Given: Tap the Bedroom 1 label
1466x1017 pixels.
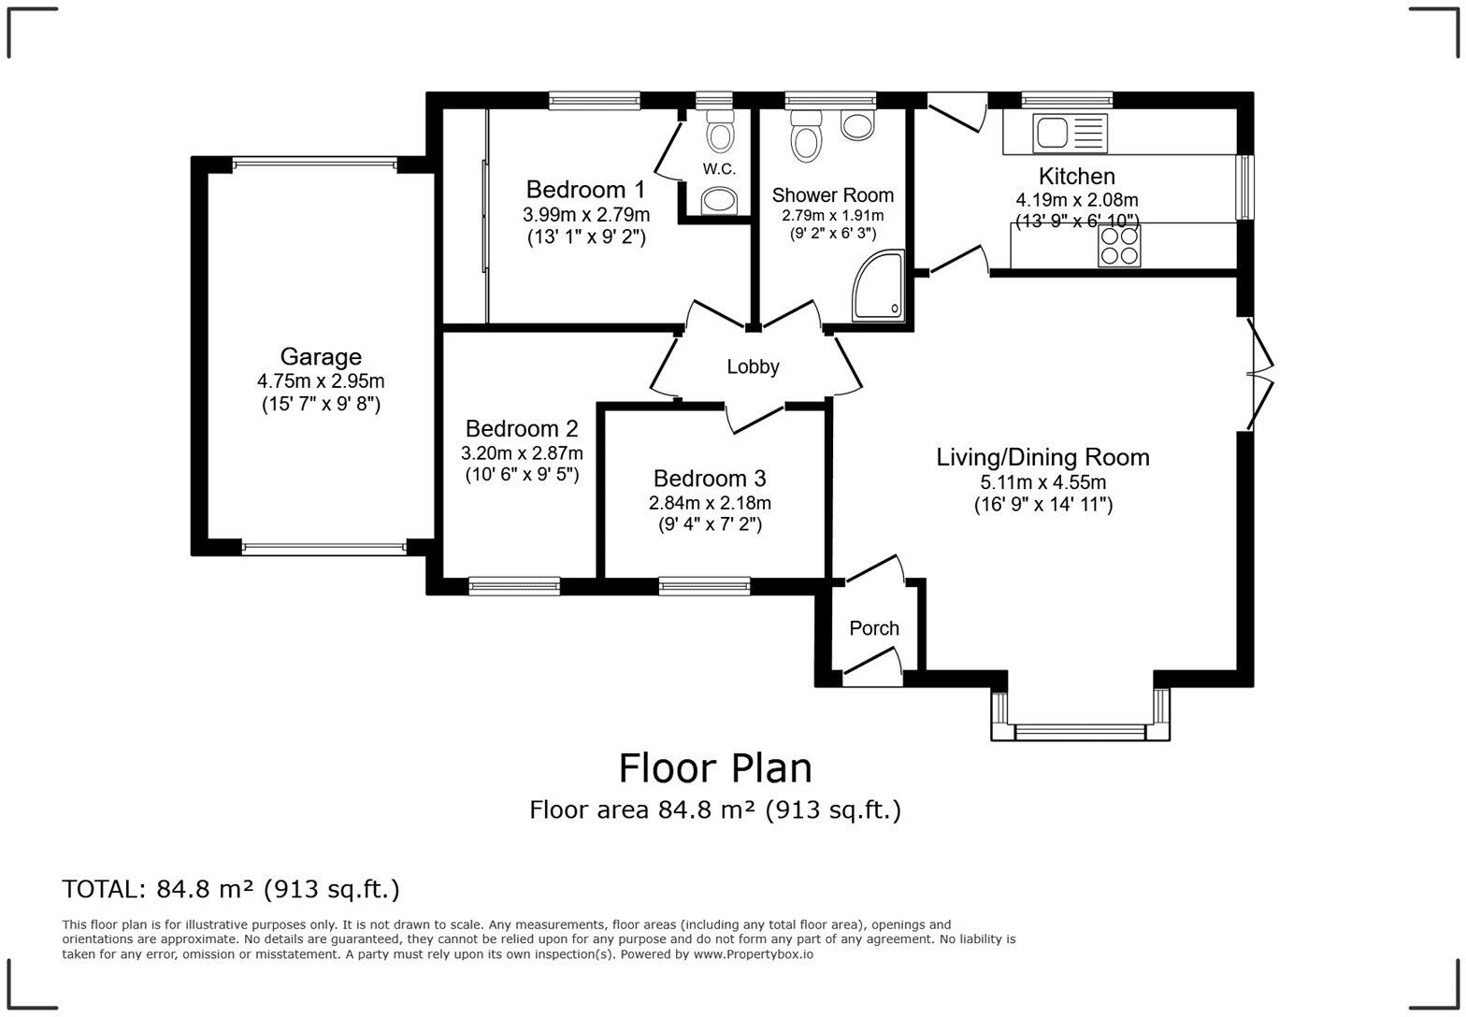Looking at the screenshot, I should [585, 190].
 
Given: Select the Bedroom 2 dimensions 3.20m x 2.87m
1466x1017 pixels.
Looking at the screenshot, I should [522, 453].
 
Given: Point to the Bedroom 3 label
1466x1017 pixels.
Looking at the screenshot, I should [710, 479].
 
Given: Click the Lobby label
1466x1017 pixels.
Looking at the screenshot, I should [753, 367].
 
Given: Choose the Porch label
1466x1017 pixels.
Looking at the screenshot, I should [874, 629].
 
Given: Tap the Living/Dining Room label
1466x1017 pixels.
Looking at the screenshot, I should [1042, 457].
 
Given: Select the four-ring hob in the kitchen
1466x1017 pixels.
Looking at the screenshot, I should [1118, 246].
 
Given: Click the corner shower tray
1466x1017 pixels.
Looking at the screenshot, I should [879, 286].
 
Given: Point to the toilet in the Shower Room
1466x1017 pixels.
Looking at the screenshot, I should [805, 136].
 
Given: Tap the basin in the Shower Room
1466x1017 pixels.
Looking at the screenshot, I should [857, 125].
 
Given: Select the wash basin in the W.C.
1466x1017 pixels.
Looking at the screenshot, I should [719, 199].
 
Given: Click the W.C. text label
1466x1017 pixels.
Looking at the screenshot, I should [719, 169].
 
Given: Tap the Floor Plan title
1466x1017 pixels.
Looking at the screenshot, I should [715, 768].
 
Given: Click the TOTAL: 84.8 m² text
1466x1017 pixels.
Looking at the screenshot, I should [231, 889].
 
